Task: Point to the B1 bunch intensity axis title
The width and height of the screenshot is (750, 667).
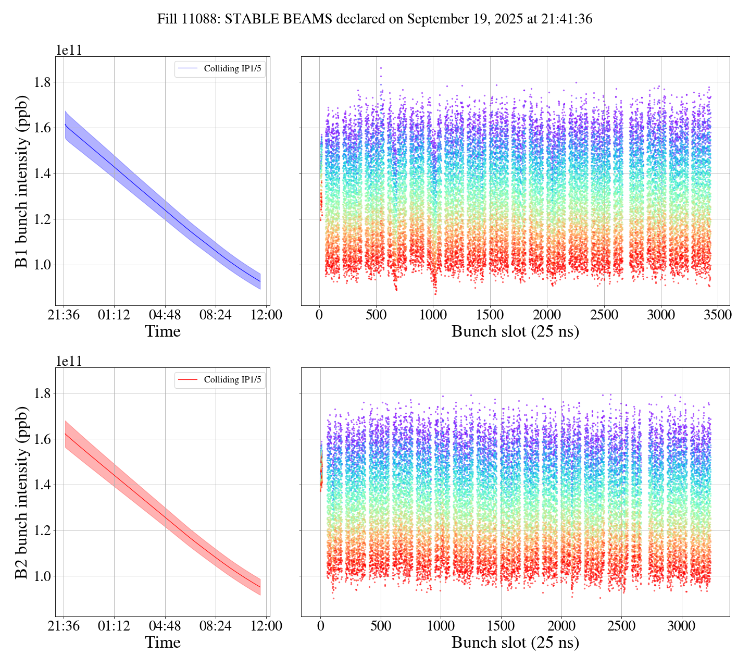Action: tap(21, 181)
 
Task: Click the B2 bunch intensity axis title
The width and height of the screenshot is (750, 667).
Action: tap(21, 492)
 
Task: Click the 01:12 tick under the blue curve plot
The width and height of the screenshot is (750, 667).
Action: tap(114, 315)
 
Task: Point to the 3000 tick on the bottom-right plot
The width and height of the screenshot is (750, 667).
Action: tap(681, 626)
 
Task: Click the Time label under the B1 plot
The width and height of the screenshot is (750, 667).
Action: tap(163, 331)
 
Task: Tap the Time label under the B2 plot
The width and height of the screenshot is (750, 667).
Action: tap(163, 643)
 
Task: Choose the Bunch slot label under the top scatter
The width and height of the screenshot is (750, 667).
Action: tap(515, 331)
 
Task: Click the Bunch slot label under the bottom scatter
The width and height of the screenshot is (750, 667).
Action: tap(515, 643)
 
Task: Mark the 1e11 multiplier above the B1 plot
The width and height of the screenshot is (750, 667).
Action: tap(69, 50)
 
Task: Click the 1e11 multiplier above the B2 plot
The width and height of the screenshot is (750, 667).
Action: tap(69, 361)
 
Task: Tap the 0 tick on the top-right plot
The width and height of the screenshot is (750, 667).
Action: tap(319, 315)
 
